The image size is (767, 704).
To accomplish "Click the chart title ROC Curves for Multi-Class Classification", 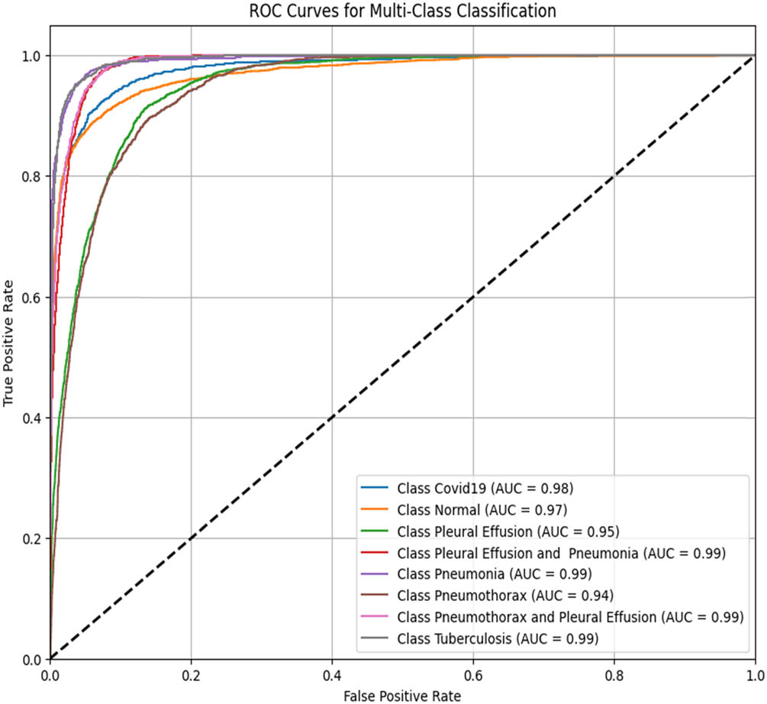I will point(402,11).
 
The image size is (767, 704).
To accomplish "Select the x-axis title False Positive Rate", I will point(402,695).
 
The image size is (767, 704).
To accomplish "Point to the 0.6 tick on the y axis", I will point(34,297).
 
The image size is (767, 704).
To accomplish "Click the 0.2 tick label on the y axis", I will point(34,538).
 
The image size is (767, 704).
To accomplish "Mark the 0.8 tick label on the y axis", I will point(34,176).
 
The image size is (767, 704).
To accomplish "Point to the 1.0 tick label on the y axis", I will point(34,56).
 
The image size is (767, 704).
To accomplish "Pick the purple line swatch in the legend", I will point(375,573).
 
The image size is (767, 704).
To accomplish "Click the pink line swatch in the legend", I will point(375,615).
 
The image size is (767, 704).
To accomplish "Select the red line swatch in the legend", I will point(375,551).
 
